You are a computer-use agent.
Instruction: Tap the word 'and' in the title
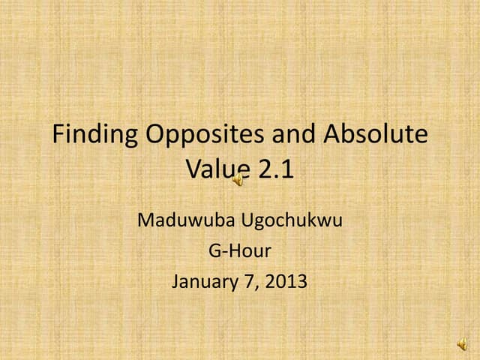(290, 135)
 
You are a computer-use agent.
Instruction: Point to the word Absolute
(375, 135)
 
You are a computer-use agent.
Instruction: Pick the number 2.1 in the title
(276, 169)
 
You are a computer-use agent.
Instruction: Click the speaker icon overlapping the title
(238, 179)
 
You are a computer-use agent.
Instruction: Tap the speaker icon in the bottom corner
(462, 345)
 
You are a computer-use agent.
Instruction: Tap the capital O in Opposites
(154, 135)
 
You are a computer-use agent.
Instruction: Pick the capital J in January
(175, 283)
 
